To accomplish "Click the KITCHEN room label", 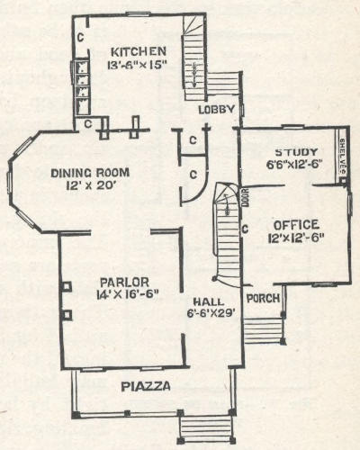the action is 139,51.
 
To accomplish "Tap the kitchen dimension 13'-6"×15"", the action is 137,65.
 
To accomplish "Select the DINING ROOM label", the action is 90,173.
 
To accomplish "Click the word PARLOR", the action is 124,283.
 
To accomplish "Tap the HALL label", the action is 209,301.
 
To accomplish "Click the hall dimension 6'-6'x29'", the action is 211,313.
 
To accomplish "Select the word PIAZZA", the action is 146,386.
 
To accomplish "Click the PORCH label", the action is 263,298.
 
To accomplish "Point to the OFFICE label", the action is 296,225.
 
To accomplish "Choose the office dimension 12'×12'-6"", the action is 296,238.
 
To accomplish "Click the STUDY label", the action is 296,152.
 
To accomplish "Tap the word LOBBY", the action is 216,110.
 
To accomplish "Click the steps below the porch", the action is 264,330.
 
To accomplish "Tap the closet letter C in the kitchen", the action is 80,37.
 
